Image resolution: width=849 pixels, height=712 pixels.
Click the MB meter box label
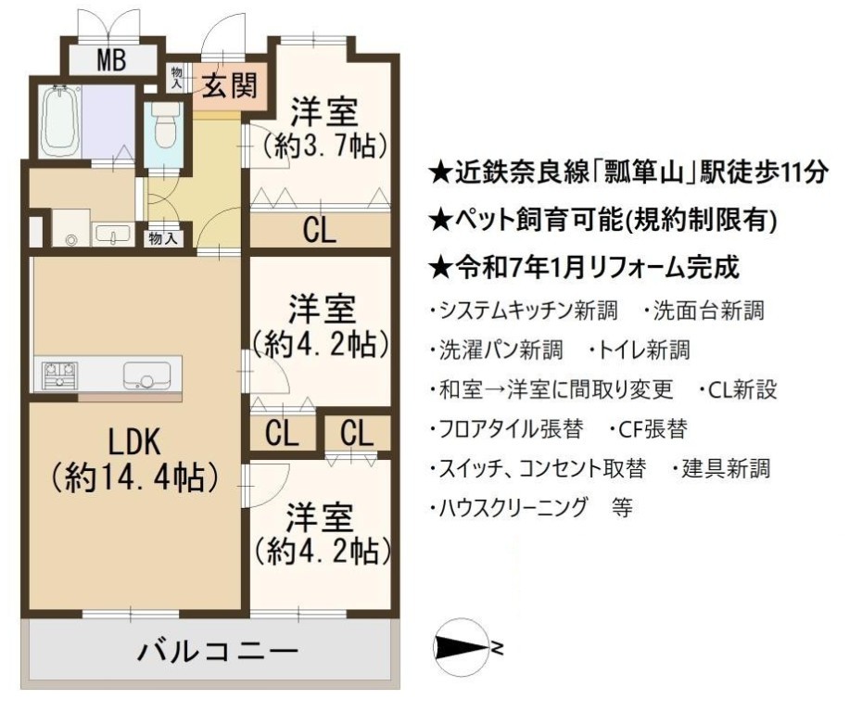(x=111, y=59)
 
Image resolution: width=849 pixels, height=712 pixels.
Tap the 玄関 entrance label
(x=229, y=85)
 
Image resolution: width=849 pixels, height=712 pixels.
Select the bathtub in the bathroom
(x=60, y=121)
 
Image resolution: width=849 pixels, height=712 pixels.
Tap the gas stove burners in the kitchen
(x=60, y=375)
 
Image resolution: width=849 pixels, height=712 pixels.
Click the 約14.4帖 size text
(x=134, y=477)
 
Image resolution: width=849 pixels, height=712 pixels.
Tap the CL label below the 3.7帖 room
(x=320, y=230)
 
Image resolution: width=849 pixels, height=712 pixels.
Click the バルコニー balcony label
(x=218, y=651)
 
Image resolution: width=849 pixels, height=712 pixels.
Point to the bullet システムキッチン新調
(x=524, y=311)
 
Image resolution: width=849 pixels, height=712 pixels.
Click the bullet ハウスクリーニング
(x=508, y=508)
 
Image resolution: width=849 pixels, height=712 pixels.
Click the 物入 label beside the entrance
(x=177, y=76)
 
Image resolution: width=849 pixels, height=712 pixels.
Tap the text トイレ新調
(x=640, y=350)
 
